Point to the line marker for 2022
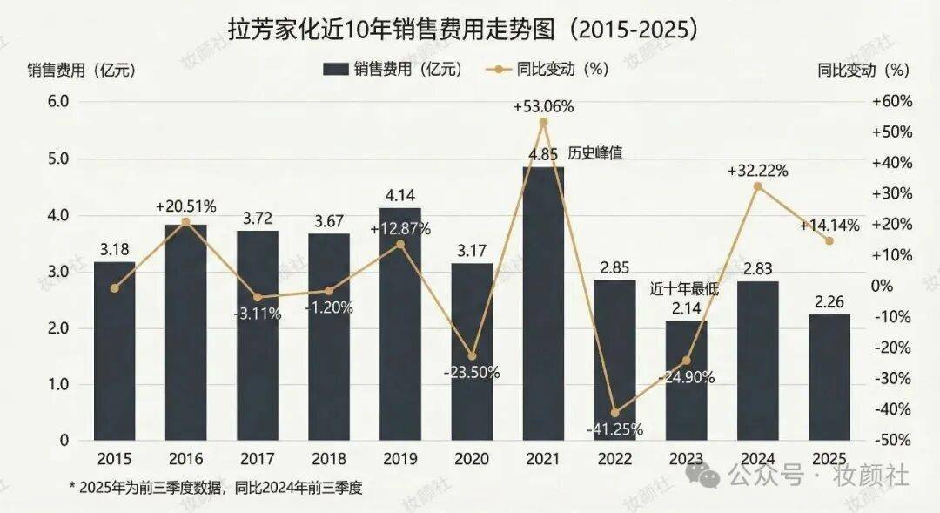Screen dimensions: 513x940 614,412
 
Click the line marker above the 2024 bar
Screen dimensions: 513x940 757,186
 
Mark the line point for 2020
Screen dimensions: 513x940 472,356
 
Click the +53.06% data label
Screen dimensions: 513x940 543,107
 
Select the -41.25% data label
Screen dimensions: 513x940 614,429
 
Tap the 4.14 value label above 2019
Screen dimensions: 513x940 400,195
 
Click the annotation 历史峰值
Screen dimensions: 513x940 596,152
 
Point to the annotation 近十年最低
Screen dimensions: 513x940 684,290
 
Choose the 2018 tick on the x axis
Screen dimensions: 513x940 329,459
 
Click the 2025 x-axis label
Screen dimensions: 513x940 829,459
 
